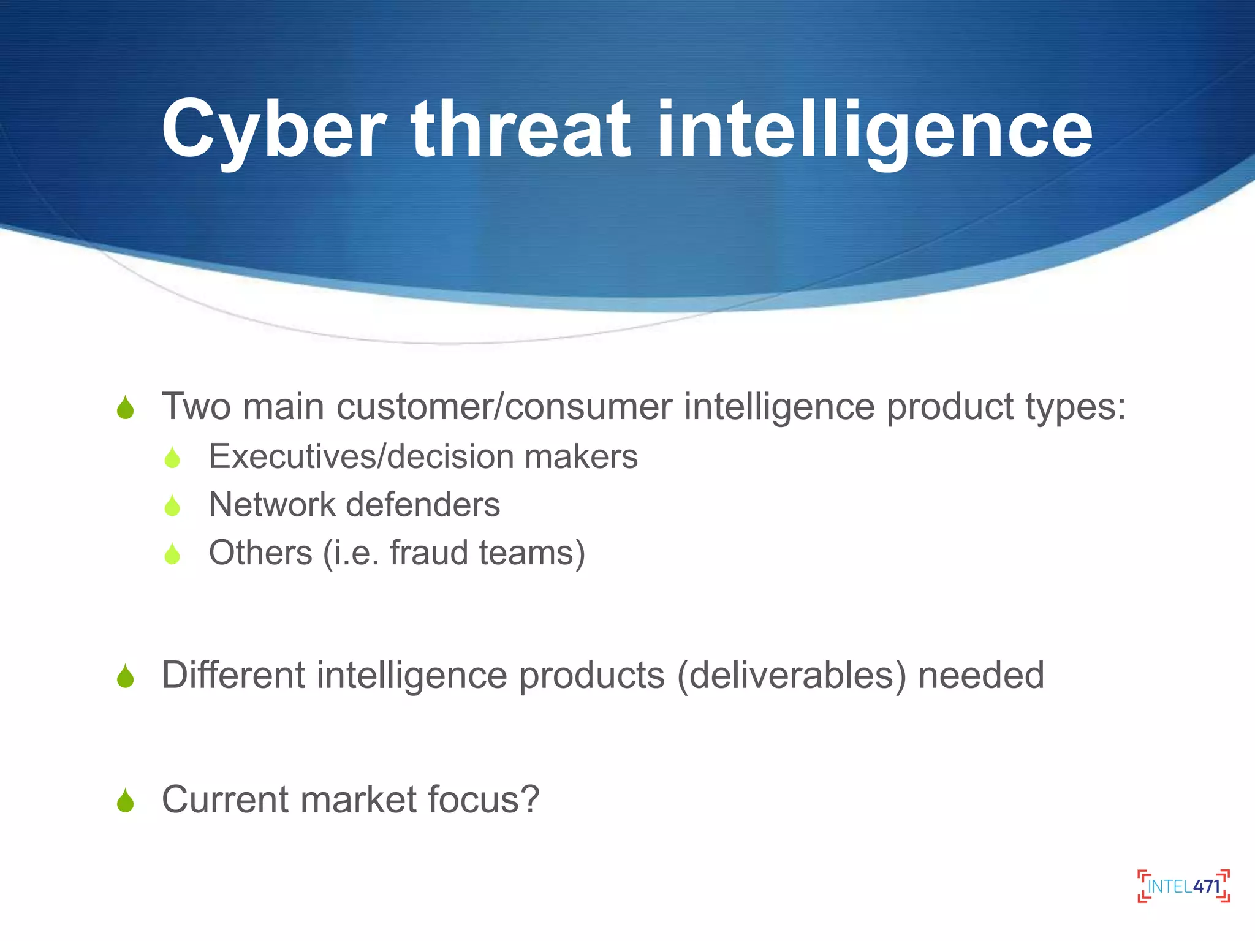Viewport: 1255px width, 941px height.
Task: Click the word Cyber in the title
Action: tap(273, 130)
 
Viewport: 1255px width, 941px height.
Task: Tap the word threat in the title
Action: tap(520, 130)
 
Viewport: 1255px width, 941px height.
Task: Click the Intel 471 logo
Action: tap(1183, 886)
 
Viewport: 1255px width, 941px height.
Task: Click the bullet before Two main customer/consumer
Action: tap(126, 407)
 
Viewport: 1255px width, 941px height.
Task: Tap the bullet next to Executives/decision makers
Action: tap(173, 458)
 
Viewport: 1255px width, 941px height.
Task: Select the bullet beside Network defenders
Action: tap(173, 505)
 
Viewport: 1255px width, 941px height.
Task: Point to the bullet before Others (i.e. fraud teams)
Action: tap(173, 554)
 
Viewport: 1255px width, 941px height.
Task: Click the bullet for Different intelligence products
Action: tap(126, 676)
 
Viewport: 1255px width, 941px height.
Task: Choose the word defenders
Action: tap(423, 505)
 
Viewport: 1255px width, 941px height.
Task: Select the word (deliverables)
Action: tap(791, 676)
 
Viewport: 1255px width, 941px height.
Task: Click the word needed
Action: tap(981, 675)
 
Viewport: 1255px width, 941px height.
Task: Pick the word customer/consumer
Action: tap(504, 407)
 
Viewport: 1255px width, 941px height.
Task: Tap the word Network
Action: tap(272, 505)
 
